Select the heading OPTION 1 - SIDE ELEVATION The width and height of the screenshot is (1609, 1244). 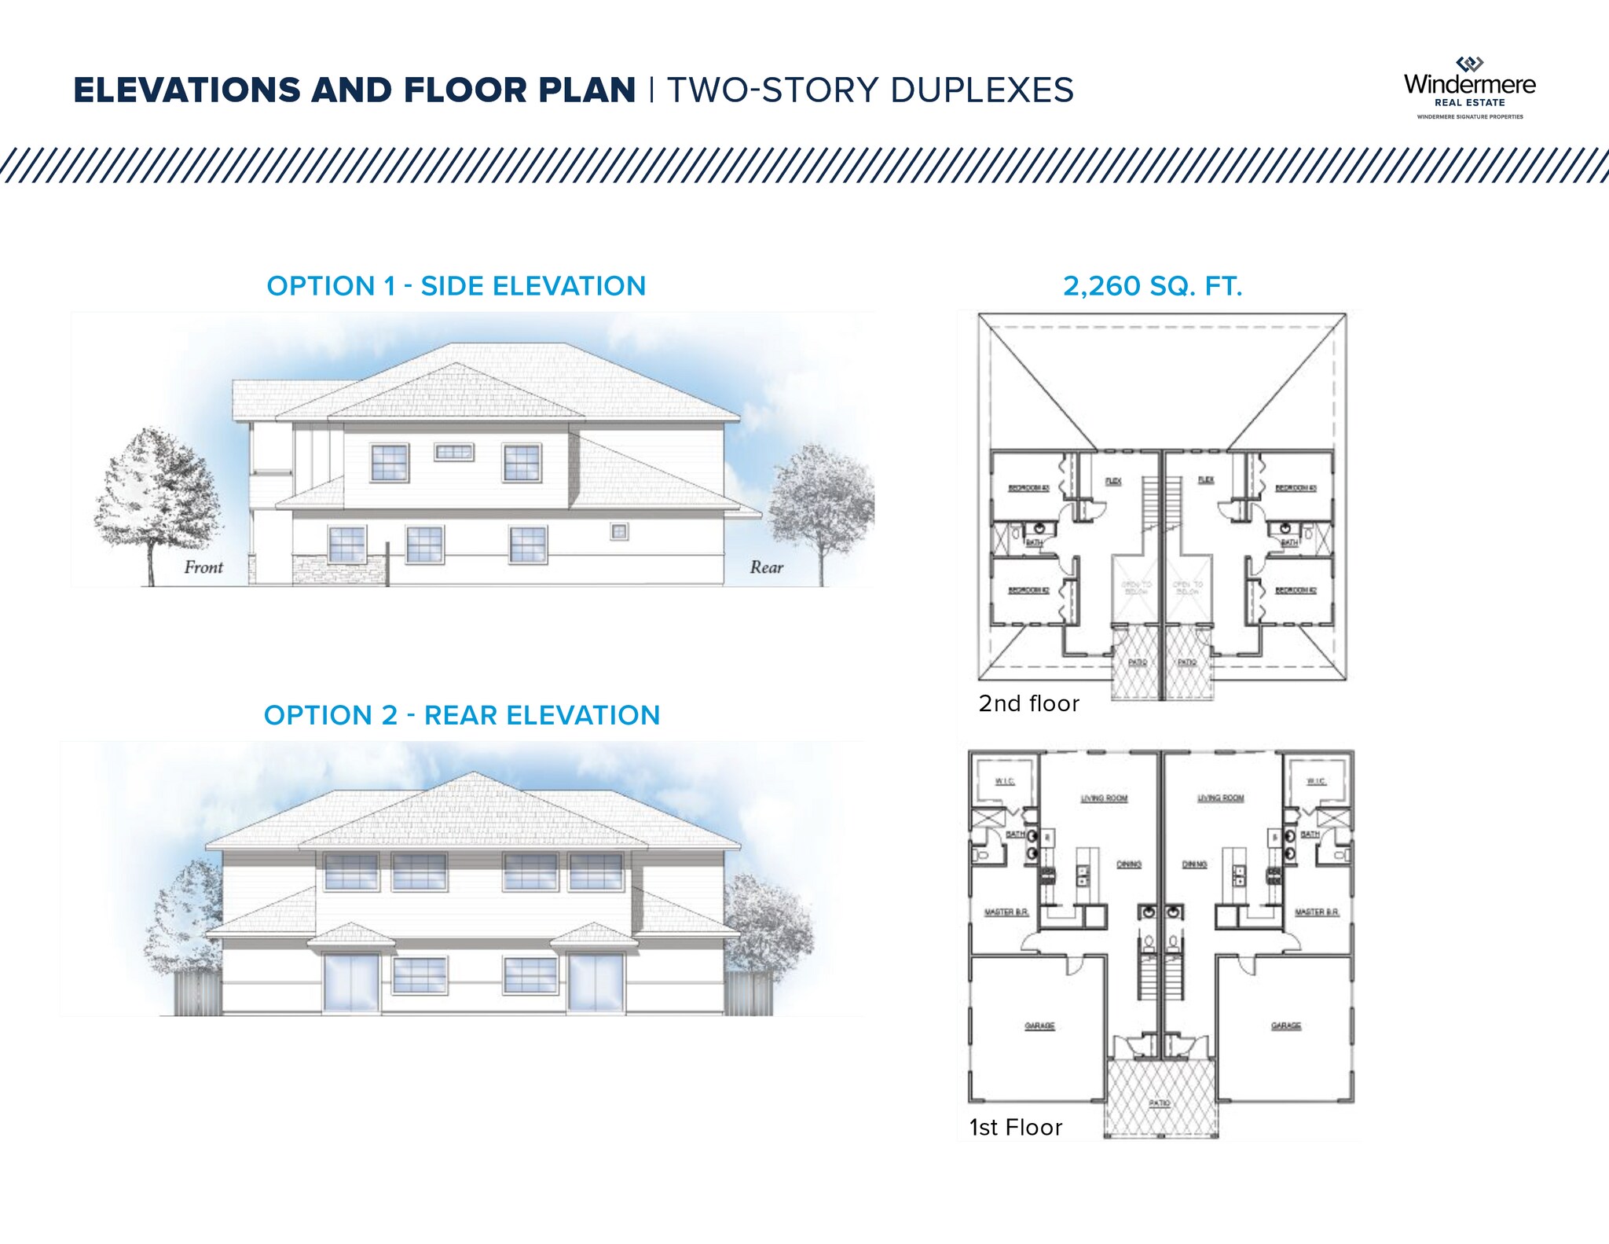(456, 286)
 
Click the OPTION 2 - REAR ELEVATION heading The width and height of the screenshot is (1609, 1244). (461, 715)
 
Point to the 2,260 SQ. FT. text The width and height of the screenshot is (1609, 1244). (1153, 286)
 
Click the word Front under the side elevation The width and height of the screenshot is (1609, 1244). (203, 567)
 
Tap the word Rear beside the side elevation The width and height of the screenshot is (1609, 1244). (766, 567)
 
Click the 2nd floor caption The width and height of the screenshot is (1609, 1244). (1028, 703)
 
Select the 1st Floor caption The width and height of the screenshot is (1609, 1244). (1015, 1128)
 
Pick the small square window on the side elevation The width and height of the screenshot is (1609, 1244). (619, 532)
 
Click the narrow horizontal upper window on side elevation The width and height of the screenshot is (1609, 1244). (454, 452)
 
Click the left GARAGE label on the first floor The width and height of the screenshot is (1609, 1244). (1039, 1026)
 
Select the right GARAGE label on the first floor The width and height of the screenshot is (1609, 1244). (1286, 1026)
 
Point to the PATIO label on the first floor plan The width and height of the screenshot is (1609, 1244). (1160, 1103)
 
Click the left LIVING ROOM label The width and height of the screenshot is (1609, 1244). (1104, 798)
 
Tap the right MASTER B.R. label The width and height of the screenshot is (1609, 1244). (1317, 912)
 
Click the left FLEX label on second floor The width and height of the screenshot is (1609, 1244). (1113, 481)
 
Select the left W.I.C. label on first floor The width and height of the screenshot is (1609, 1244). (1005, 781)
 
